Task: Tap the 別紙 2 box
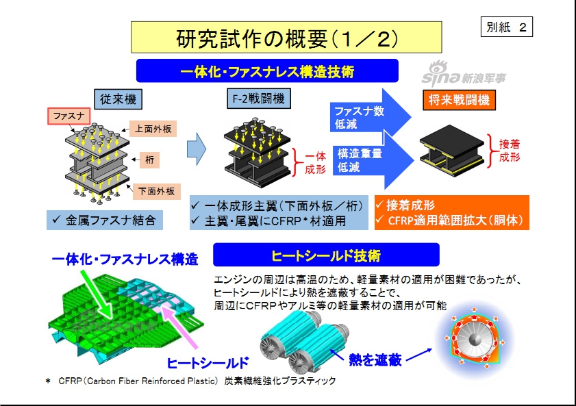(x=507, y=27)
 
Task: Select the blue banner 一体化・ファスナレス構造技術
(x=267, y=71)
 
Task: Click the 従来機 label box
(x=119, y=99)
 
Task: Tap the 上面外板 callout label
(x=153, y=128)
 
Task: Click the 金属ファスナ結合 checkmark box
(x=105, y=220)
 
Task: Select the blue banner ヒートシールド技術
(x=326, y=255)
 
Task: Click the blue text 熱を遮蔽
(x=375, y=359)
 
